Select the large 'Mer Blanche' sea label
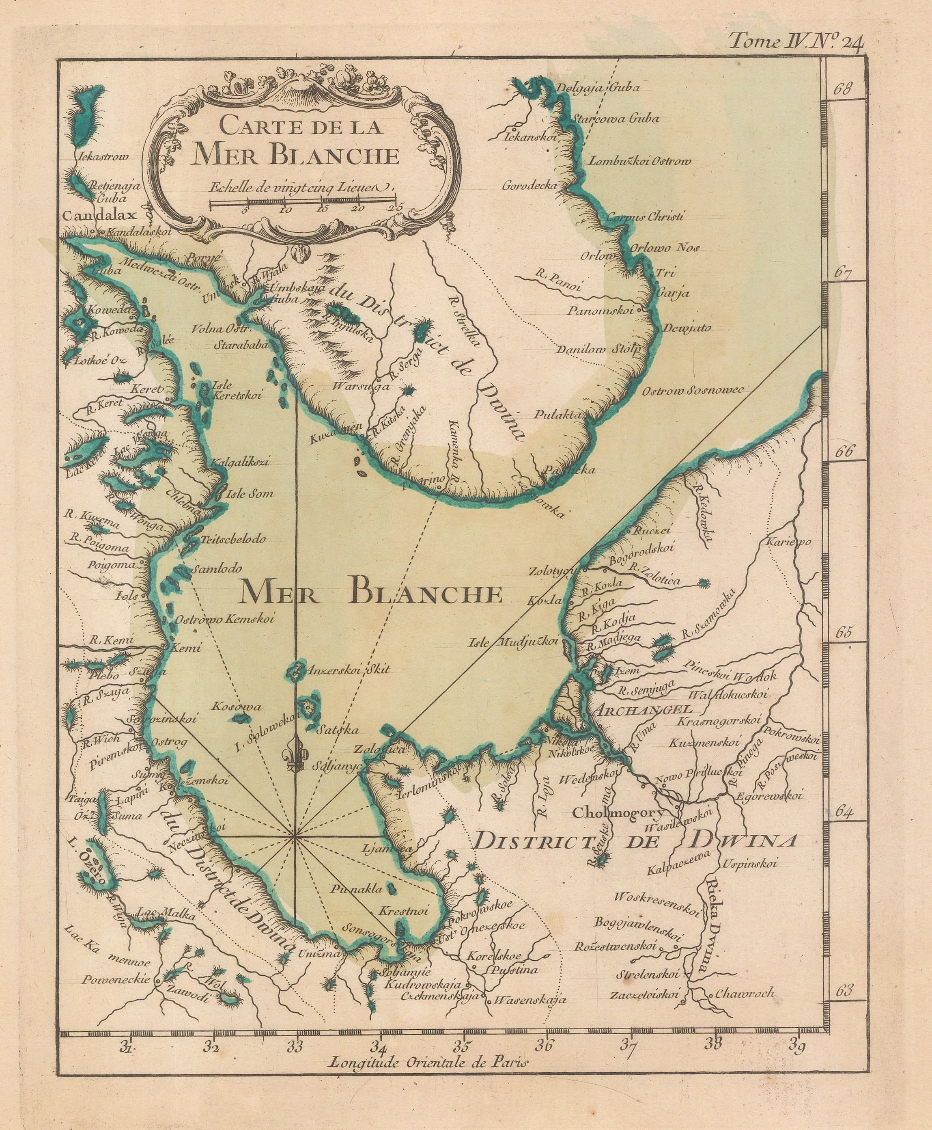[x=370, y=594]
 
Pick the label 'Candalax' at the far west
[x=100, y=216]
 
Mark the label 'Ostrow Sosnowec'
[x=693, y=391]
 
